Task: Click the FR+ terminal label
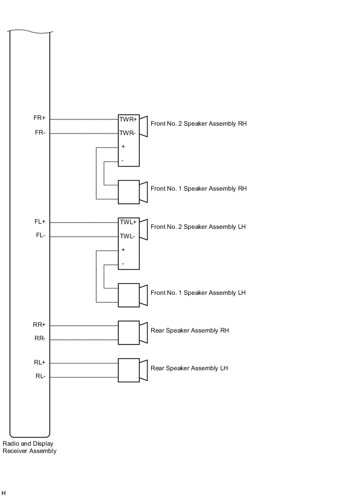[x=40, y=118]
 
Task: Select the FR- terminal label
[x=40, y=132]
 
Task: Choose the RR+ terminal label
[x=40, y=325]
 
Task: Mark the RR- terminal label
[x=40, y=338]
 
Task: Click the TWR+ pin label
[x=128, y=119]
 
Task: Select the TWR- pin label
[x=128, y=133]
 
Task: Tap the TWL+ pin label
[x=128, y=222]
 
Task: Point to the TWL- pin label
[x=128, y=236]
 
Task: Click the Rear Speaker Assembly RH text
[x=189, y=330]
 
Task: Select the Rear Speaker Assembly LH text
[x=189, y=368]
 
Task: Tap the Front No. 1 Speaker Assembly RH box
[x=129, y=192]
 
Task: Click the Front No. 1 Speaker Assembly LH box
[x=129, y=295]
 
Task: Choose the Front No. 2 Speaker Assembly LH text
[x=198, y=227]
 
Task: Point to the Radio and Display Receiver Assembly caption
[x=29, y=447]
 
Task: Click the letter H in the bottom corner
[x=4, y=493]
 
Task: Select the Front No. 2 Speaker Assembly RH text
[x=198, y=124]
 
